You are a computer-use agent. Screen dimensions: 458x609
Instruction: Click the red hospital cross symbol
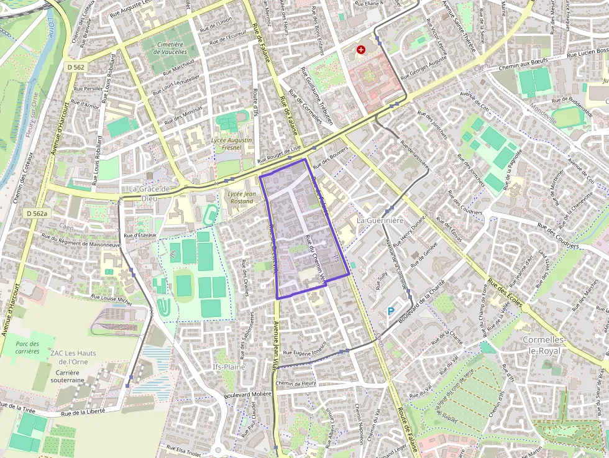point(360,49)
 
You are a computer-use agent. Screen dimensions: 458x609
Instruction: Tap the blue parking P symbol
point(391,311)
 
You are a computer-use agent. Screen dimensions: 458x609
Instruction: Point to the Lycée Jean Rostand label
point(242,198)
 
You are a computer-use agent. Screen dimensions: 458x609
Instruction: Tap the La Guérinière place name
point(380,221)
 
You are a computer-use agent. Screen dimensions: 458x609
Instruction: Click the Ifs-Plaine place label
point(229,367)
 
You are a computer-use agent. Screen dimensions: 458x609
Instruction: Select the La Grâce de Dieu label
point(149,193)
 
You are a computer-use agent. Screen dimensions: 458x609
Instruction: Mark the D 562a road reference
point(37,213)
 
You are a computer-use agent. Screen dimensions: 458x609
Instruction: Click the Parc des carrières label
point(27,347)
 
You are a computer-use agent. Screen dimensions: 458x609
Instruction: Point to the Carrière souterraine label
point(67,375)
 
